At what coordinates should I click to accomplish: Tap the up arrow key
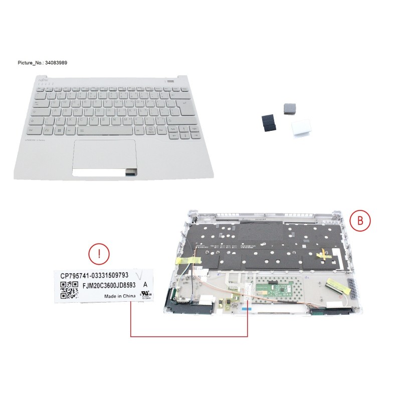(x=182, y=128)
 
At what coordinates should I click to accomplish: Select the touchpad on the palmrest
(x=105, y=155)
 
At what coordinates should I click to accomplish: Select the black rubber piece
(x=268, y=122)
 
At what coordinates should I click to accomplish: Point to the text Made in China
(x=120, y=296)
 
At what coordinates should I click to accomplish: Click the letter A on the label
(x=145, y=284)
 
